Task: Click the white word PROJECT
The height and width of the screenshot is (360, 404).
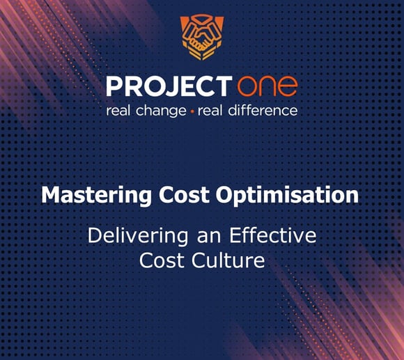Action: click(167, 87)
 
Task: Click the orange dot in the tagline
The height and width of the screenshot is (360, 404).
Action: click(192, 111)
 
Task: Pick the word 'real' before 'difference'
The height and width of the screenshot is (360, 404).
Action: click(211, 110)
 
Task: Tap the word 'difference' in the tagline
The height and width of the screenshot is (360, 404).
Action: click(263, 110)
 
